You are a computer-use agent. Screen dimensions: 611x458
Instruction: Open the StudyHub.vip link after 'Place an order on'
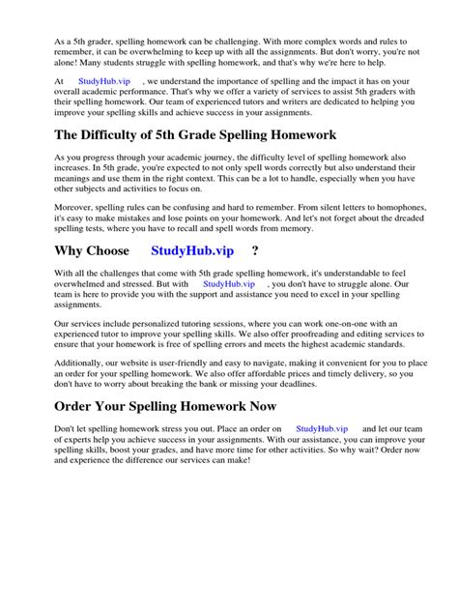(321, 427)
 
